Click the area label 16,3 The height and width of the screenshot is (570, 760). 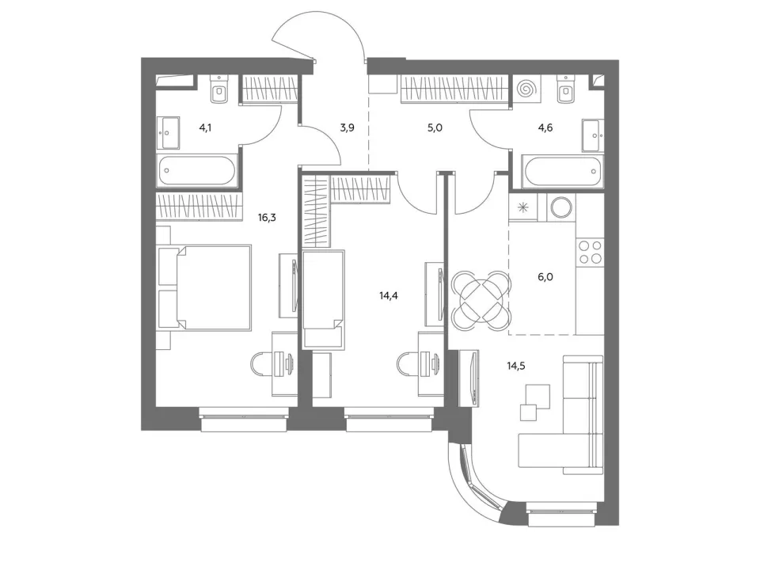click(x=267, y=217)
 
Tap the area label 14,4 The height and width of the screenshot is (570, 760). click(x=389, y=295)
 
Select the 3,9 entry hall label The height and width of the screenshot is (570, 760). click(x=347, y=128)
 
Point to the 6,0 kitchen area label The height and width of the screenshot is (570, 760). click(x=545, y=277)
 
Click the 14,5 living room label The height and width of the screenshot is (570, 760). click(x=516, y=366)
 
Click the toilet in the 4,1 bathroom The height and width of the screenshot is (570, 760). click(x=221, y=89)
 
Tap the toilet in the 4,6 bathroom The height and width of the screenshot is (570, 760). click(x=566, y=89)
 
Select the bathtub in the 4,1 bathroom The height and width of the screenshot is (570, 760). click(x=196, y=170)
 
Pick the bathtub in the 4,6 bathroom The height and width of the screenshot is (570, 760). click(x=563, y=171)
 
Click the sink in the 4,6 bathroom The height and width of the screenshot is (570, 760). click(x=593, y=135)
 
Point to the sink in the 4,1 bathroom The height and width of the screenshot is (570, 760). click(x=168, y=132)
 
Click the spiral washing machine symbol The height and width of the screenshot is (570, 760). click(x=527, y=89)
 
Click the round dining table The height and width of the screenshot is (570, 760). click(x=481, y=301)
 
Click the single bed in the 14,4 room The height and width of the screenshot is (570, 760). click(x=323, y=299)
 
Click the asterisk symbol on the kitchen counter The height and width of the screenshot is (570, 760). click(x=523, y=207)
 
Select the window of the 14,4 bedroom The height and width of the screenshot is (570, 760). click(x=389, y=420)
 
